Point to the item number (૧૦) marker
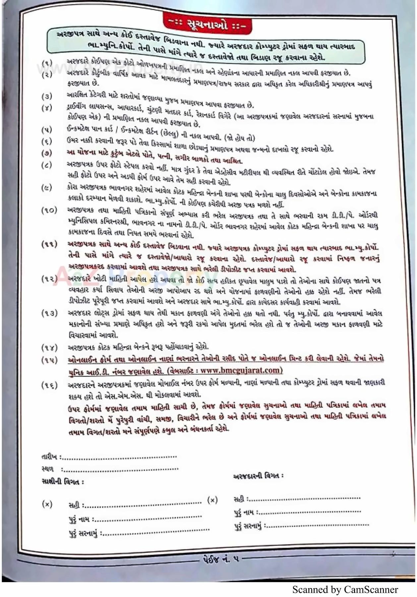pyautogui.click(x=49, y=210)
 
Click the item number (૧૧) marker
pyautogui.click(x=49, y=244)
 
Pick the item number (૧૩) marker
pyautogui.click(x=49, y=313)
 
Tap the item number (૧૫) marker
pyautogui.click(x=49, y=360)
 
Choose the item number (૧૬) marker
pyautogui.click(x=49, y=385)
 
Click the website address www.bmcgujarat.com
pyautogui.click(x=241, y=370)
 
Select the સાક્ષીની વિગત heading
pyautogui.click(x=63, y=481)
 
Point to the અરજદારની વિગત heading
pyautogui.click(x=258, y=476)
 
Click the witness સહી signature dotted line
pyautogui.click(x=143, y=505)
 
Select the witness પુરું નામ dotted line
pyautogui.click(x=148, y=518)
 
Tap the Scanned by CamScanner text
pyautogui.click(x=345, y=589)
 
